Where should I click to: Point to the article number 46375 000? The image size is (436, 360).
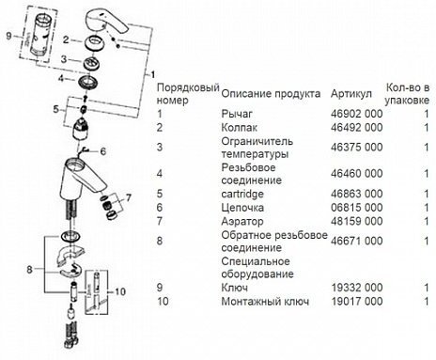(x=356, y=148)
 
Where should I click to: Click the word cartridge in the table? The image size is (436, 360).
(x=242, y=193)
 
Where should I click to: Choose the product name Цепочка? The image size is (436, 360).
(x=242, y=208)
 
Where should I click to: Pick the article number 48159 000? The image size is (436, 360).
(x=356, y=223)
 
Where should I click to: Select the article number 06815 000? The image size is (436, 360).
(x=356, y=208)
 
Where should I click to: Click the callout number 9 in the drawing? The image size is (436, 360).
(x=8, y=36)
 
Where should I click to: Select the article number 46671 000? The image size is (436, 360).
(x=356, y=243)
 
